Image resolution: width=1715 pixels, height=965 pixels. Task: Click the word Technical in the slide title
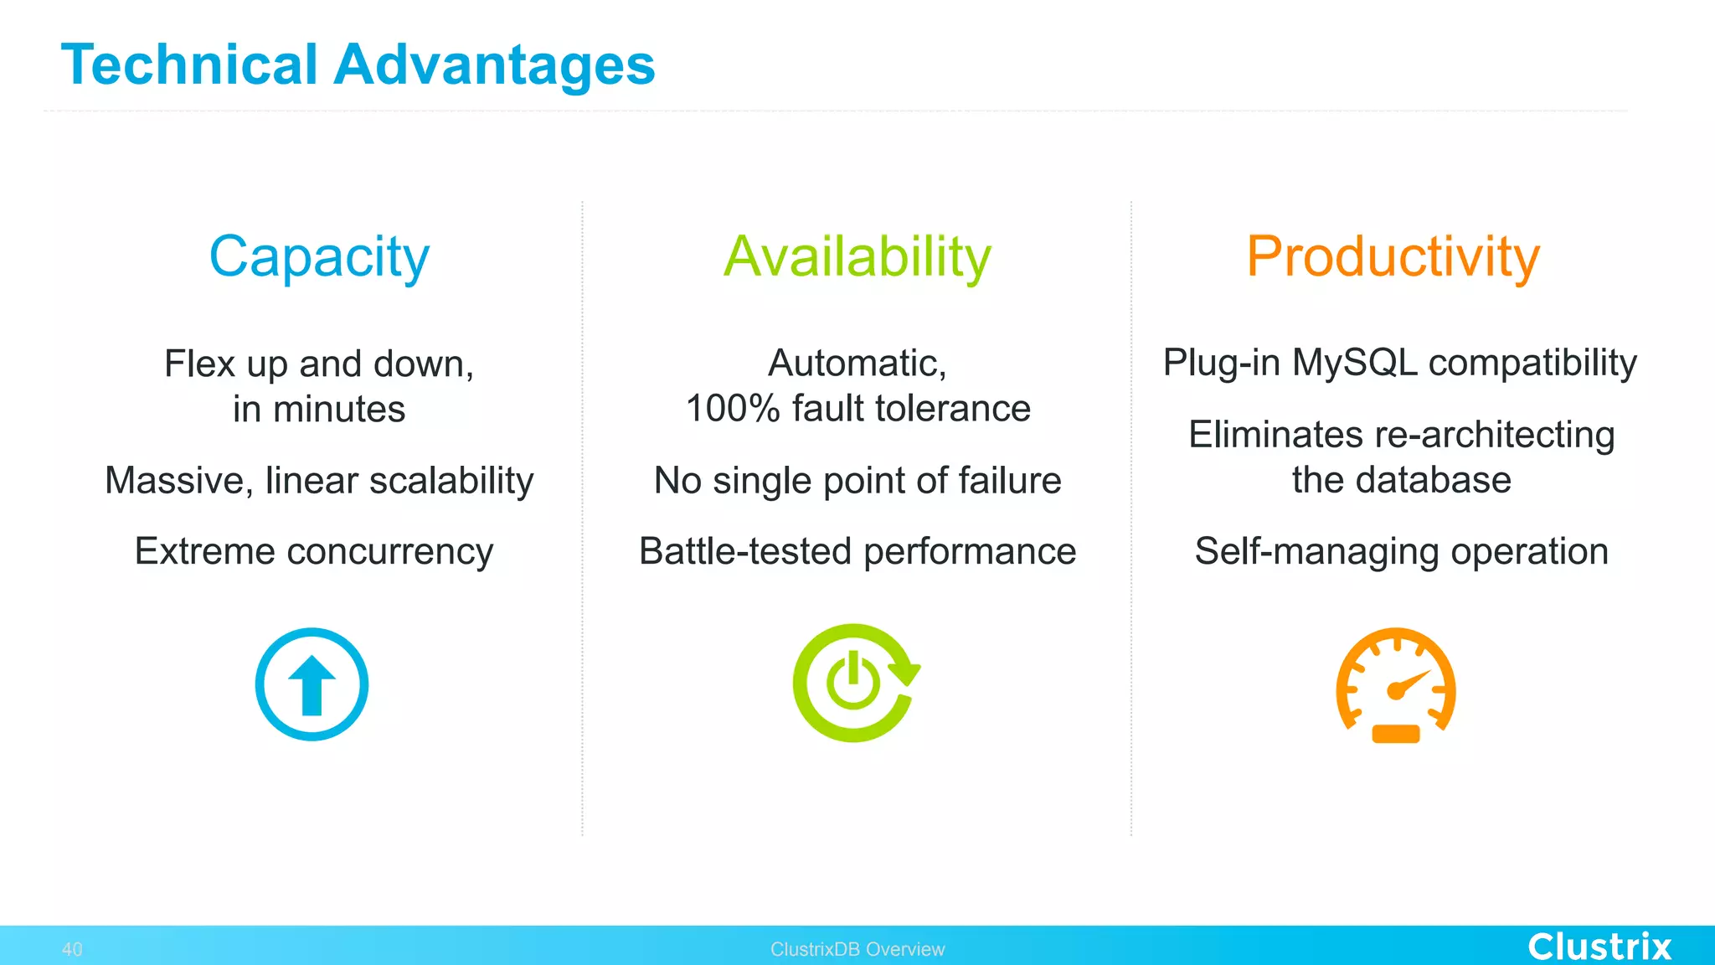pyautogui.click(x=189, y=65)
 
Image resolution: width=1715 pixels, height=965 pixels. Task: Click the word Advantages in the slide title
pyautogui.click(x=494, y=65)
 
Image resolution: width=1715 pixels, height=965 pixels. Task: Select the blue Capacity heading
pyautogui.click(x=319, y=256)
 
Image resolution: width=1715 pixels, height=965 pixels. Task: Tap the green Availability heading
pyautogui.click(x=857, y=256)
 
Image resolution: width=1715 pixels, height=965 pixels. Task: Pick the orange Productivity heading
pyautogui.click(x=1393, y=256)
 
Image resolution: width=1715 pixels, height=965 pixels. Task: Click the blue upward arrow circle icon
pyautogui.click(x=312, y=684)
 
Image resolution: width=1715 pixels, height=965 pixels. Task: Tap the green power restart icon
pyautogui.click(x=855, y=683)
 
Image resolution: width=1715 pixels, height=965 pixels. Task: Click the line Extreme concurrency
pyautogui.click(x=314, y=551)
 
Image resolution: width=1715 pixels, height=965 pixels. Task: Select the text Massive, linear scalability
pyautogui.click(x=319, y=481)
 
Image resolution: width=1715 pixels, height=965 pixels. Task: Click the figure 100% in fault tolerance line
pyautogui.click(x=733, y=409)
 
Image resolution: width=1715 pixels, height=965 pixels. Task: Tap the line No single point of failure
pyautogui.click(x=857, y=481)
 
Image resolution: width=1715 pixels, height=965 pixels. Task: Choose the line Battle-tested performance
pyautogui.click(x=857, y=551)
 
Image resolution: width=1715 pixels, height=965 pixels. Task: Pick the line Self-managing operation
pyautogui.click(x=1401, y=551)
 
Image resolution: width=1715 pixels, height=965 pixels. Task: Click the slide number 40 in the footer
pyautogui.click(x=72, y=949)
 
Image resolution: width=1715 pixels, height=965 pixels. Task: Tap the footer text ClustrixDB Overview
pyautogui.click(x=857, y=949)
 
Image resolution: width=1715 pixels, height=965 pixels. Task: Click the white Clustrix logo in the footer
pyautogui.click(x=1599, y=947)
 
